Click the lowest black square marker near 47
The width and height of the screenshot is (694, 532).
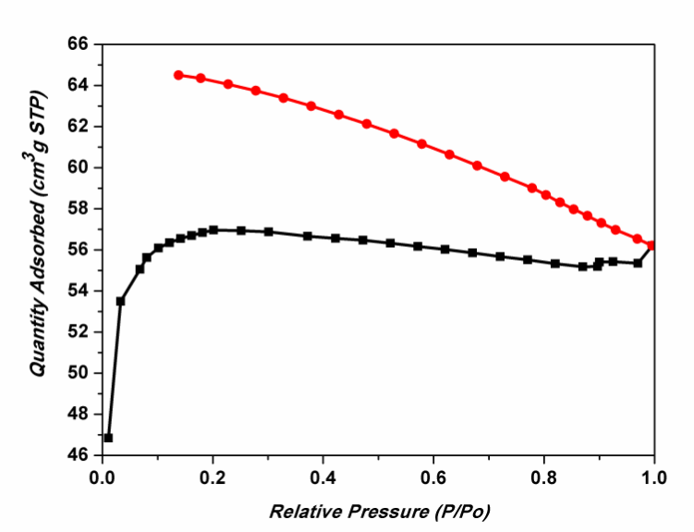(x=108, y=438)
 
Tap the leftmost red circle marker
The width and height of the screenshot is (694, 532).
(x=178, y=75)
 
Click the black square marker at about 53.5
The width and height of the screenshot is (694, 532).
(x=120, y=301)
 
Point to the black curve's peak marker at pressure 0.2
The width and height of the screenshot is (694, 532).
(x=213, y=229)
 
